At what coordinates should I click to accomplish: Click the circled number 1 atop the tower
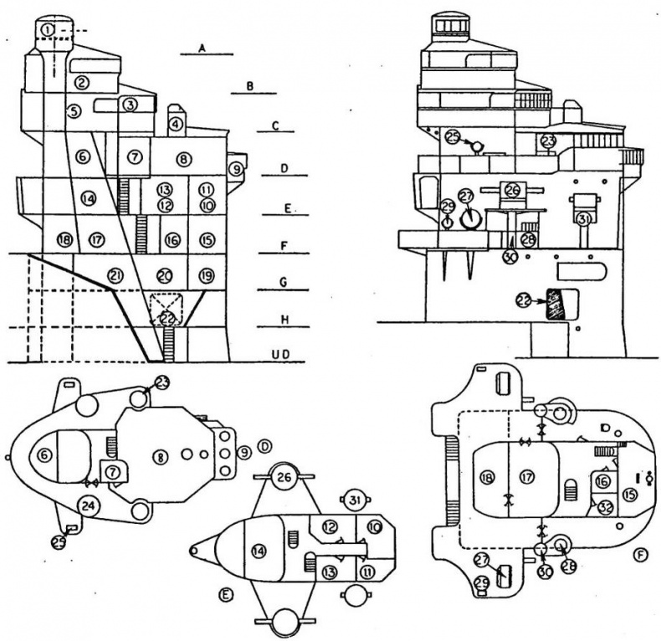coord(49,30)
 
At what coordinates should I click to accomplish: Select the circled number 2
coord(81,81)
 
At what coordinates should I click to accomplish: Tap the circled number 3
coord(130,105)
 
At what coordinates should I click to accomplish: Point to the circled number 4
coord(176,125)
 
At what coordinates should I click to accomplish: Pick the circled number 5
coord(74,110)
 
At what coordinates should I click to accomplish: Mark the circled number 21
coord(115,275)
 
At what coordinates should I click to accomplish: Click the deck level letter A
coord(202,49)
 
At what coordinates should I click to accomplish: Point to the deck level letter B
coord(249,86)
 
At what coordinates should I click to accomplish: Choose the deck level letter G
coord(284,284)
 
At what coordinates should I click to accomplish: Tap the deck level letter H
coord(284,320)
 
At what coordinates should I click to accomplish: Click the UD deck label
coord(284,356)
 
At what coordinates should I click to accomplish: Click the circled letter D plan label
coord(264,444)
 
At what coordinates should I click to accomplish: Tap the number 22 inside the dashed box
coord(168,317)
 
